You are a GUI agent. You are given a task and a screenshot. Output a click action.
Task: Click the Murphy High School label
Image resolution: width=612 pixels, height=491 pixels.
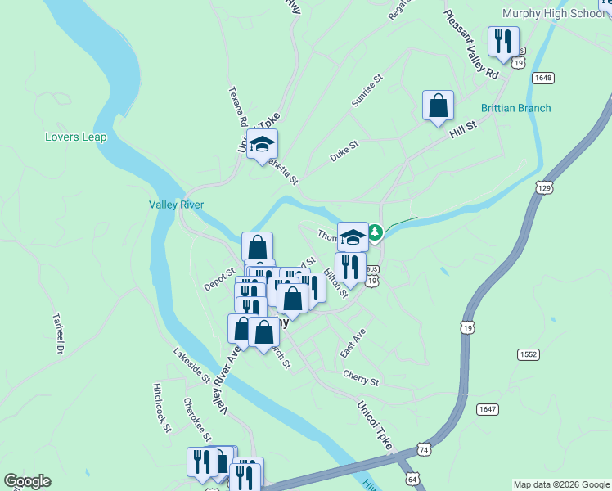(553, 14)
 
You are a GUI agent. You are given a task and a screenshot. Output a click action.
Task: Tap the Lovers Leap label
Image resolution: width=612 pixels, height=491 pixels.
(76, 137)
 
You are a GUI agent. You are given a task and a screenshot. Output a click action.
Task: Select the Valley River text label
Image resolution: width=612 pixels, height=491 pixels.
(176, 205)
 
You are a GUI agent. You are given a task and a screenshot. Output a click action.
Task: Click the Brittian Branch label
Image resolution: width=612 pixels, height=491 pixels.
(515, 108)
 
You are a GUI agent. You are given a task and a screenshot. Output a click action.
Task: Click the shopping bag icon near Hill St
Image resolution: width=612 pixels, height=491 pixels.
(438, 106)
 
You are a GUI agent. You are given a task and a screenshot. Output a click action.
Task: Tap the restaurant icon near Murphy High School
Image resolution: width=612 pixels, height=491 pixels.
(502, 41)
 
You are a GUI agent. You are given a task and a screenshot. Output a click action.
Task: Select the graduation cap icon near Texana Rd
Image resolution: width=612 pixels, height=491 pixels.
(262, 144)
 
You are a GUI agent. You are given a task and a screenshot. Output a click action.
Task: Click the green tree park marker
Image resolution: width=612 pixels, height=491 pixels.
(375, 233)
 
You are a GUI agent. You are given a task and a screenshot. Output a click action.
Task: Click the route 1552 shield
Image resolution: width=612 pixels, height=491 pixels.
(528, 354)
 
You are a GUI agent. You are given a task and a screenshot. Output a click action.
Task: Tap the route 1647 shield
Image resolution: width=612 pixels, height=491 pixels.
(487, 408)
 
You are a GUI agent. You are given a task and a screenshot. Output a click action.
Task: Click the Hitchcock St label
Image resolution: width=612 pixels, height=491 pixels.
(160, 407)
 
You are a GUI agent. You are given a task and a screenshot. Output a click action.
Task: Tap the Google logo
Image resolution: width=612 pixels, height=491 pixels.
(27, 481)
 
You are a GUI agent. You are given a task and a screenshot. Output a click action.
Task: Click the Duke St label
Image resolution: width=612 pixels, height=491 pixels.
(344, 151)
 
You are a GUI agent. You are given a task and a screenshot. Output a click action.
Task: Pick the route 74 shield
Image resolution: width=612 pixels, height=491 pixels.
(423, 449)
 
